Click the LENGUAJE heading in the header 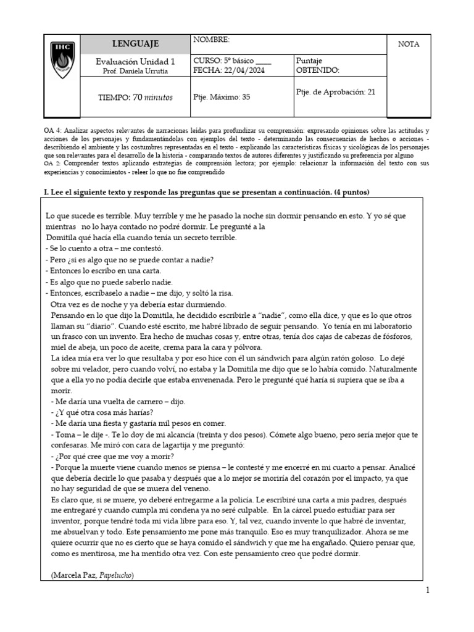click(x=135, y=44)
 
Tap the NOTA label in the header click(x=409, y=44)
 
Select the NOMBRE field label click(x=211, y=40)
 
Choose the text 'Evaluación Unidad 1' click(x=135, y=61)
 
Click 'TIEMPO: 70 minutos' click(x=135, y=98)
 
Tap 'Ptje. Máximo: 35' click(x=222, y=97)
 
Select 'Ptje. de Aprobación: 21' click(x=336, y=92)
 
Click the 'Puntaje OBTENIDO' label click(x=318, y=65)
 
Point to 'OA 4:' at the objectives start click(x=52, y=132)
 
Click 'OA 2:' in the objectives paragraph click(x=52, y=164)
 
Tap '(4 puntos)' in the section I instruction click(x=351, y=193)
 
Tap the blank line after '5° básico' click(x=263, y=61)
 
